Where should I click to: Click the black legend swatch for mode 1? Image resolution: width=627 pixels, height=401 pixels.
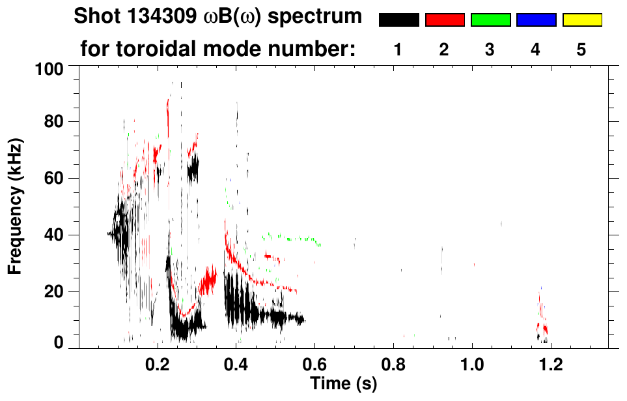[x=398, y=20]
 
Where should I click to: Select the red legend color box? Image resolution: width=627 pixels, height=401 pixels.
[x=445, y=20]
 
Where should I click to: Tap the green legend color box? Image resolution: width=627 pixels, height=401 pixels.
[x=490, y=20]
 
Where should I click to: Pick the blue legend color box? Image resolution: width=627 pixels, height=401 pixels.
[x=536, y=20]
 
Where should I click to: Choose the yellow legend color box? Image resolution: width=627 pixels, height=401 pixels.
[x=582, y=20]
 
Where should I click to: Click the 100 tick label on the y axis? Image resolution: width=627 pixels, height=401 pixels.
[x=50, y=68]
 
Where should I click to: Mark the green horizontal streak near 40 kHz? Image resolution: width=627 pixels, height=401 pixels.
[x=293, y=238]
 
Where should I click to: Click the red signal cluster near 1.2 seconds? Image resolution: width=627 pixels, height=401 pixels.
[x=542, y=319]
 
